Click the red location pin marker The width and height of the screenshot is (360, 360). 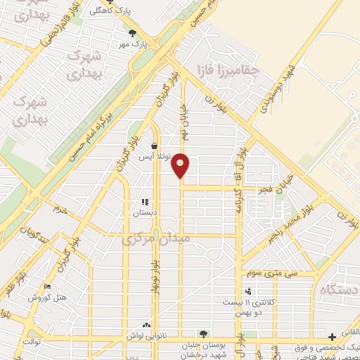point(181,165)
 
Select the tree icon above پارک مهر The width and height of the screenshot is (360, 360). point(131,32)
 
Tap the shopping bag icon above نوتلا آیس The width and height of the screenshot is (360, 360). point(154,146)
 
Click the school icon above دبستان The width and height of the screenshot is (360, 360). point(145,202)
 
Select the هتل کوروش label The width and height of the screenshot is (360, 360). point(47,297)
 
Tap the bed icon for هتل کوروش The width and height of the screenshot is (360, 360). point(47,287)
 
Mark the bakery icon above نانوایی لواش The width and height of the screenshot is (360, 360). point(146,325)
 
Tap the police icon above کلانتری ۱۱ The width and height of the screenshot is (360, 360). point(247,290)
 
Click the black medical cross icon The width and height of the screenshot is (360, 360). point(332,337)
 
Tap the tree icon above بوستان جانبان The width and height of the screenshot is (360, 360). point(203,334)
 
